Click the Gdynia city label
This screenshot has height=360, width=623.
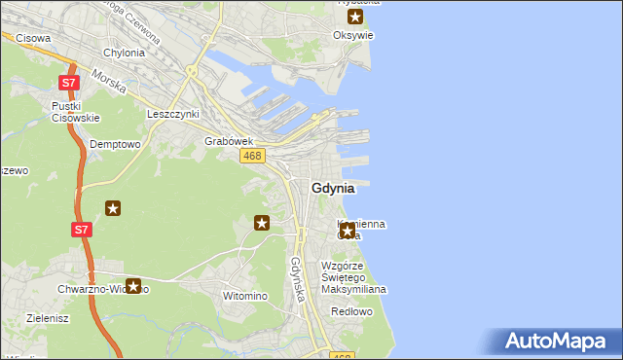pyautogui.click(x=340, y=188)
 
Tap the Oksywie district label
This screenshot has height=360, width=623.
pyautogui.click(x=354, y=36)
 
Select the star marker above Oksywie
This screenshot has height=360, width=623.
pyautogui.click(x=355, y=17)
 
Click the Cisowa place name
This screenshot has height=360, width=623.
pyautogui.click(x=34, y=38)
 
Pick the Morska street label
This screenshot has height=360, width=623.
pyautogui.click(x=110, y=82)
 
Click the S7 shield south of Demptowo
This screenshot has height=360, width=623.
pyautogui.click(x=82, y=231)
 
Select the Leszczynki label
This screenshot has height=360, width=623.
pyautogui.click(x=172, y=114)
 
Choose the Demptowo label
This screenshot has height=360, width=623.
pyautogui.click(x=116, y=143)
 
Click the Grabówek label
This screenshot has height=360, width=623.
pyautogui.click(x=229, y=141)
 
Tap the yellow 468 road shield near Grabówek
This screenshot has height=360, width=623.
pyautogui.click(x=252, y=156)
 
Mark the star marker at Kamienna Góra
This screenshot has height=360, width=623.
pyautogui.click(x=347, y=231)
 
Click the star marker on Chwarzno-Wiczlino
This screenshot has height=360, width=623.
pyautogui.click(x=133, y=286)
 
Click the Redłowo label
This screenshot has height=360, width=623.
pyautogui.click(x=351, y=312)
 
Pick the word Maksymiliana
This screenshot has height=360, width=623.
pyautogui.click(x=355, y=289)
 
